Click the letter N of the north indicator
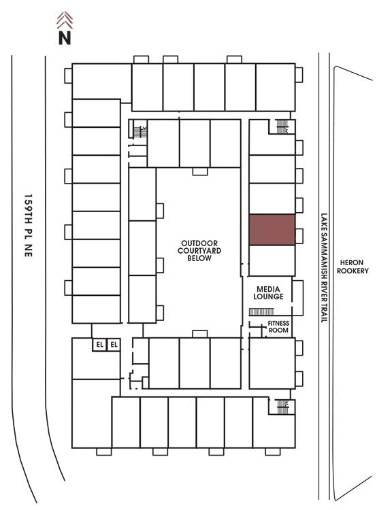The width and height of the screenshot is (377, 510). (65, 37)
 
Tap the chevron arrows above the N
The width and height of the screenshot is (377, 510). (65, 20)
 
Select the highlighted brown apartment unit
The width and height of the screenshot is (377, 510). (272, 230)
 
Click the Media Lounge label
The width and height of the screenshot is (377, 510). (268, 292)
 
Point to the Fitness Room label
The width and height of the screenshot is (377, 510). (278, 326)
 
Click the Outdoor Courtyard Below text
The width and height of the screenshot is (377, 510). (199, 250)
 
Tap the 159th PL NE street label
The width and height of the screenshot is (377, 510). (29, 226)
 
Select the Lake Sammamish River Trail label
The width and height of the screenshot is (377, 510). (324, 268)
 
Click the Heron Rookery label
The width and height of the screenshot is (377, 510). (353, 267)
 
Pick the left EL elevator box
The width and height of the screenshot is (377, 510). (99, 345)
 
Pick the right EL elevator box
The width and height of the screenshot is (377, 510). (114, 345)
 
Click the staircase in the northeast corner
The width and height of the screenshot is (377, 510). (282, 126)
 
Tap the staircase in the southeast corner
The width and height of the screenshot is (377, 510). (282, 407)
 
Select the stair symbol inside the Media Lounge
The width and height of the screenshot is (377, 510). (261, 312)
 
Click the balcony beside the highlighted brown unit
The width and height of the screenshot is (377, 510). (299, 236)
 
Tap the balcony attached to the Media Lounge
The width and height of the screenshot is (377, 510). (297, 298)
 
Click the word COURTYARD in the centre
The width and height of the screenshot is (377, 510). (199, 250)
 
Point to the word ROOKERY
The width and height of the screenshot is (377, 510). (353, 271)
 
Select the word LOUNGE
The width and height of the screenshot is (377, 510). (268, 296)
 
